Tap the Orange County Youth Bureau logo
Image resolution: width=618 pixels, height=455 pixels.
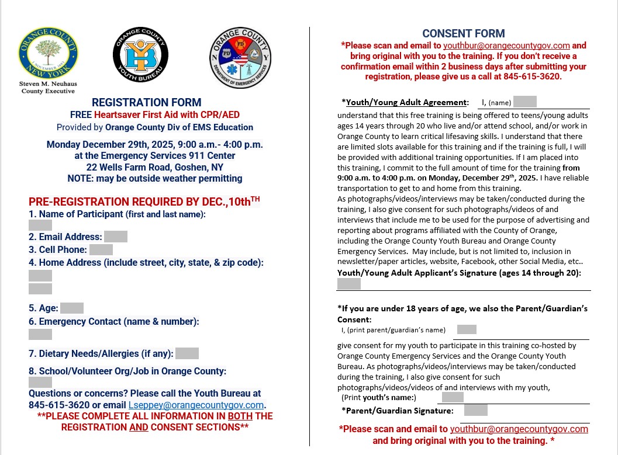click(140, 54)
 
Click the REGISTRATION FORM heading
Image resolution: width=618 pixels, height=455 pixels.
click(147, 102)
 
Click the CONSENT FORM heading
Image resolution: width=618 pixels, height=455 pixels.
click(464, 34)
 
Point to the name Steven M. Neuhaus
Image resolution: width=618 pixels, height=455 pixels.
click(48, 84)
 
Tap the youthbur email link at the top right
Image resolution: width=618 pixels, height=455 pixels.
click(506, 46)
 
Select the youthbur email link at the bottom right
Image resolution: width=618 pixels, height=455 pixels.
click(519, 429)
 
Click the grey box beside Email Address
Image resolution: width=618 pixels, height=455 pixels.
click(116, 237)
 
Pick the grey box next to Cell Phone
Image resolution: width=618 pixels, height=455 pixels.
click(101, 249)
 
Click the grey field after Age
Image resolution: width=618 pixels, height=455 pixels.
click(72, 308)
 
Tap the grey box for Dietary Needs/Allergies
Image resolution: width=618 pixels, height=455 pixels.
click(187, 353)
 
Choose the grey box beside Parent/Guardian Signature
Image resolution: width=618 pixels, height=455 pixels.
click(476, 410)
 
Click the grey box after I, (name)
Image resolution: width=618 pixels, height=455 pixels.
click(525, 102)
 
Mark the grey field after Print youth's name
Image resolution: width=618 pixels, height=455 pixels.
click(453, 397)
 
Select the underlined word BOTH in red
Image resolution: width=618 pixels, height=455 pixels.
click(236, 416)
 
